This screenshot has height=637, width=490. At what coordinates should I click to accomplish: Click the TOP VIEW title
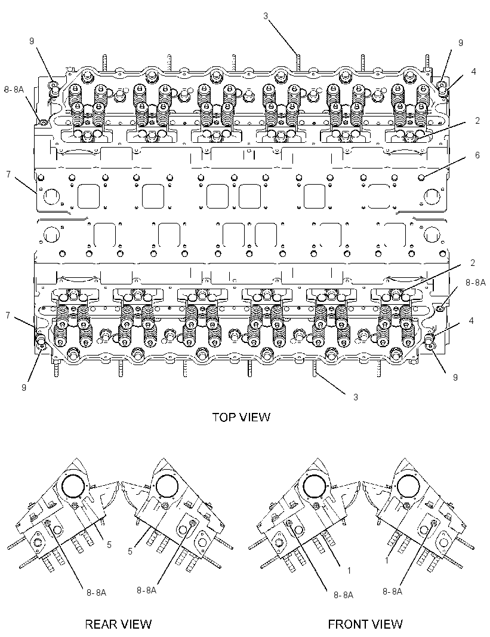pos(241,417)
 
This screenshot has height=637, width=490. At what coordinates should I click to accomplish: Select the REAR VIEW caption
pos(118,624)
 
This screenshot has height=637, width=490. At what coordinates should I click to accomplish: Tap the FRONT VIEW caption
pos(365,624)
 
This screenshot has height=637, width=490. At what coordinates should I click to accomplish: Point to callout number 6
pos(477,155)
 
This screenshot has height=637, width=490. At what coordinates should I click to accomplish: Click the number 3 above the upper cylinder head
pos(266,16)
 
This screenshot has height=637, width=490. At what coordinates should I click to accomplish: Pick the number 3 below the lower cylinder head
pos(356,397)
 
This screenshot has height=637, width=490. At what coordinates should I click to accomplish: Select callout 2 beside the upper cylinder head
pos(477,120)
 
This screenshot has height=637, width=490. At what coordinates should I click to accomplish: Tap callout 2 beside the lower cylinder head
pos(473,263)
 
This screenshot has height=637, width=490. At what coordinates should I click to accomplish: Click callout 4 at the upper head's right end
pos(473,72)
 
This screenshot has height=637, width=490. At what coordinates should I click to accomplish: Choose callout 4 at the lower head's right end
pos(471,320)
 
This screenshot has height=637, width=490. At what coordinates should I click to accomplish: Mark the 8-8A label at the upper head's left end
pos(14,89)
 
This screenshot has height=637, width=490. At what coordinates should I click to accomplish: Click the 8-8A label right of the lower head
pos(476,282)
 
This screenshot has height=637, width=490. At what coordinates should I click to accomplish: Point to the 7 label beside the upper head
pos(8,174)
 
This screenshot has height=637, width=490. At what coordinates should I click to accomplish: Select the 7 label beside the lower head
pos(8,315)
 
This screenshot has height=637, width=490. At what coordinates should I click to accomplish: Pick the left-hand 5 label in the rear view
pos(109,545)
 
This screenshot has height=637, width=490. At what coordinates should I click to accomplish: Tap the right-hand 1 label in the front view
pos(387,561)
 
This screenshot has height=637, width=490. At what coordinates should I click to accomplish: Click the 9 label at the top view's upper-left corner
pos(32,40)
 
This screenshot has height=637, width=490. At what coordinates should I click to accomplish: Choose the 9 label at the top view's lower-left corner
pos(24,387)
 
